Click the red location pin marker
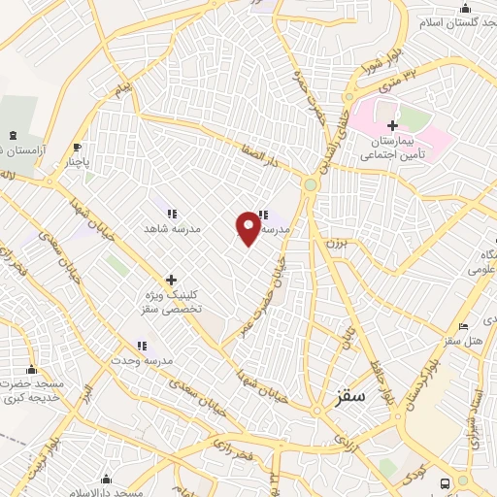tap(248, 226)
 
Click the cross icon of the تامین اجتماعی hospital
tap(392, 125)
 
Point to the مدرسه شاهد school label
tap(172, 230)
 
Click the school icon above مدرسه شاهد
tap(172, 214)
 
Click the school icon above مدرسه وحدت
tap(142, 345)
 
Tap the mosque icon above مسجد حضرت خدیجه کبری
tap(32, 369)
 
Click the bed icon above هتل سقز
tap(463, 324)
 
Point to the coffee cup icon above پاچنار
tap(78, 148)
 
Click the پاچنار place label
tap(71, 163)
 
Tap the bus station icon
tap(445, 482)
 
